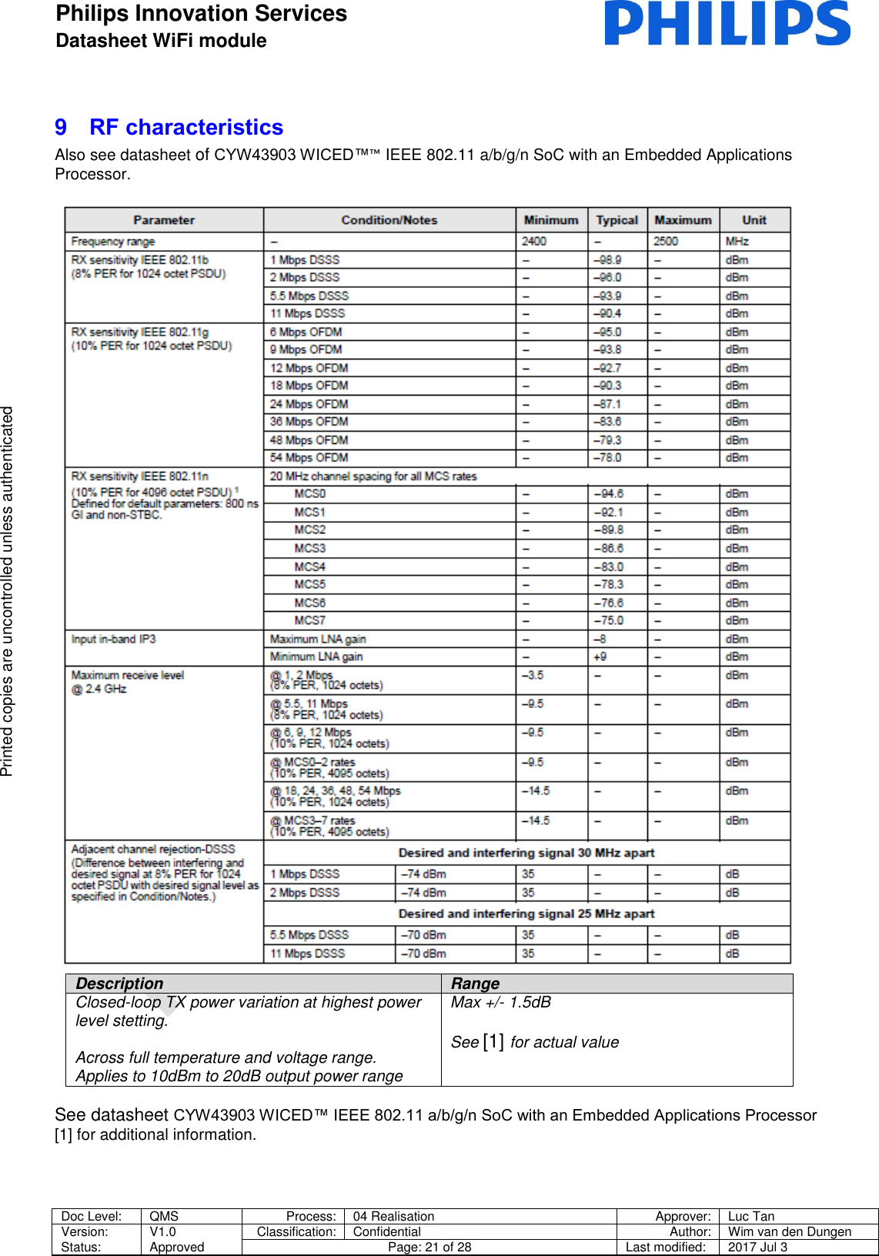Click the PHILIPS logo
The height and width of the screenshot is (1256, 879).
tap(727, 23)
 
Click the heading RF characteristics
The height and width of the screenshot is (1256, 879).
tap(185, 127)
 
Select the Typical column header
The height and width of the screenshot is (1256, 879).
tap(617, 220)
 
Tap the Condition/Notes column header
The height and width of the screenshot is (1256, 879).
tap(389, 220)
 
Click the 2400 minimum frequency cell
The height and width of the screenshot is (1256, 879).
tap(534, 242)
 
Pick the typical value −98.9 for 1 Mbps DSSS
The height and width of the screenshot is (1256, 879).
tap(607, 260)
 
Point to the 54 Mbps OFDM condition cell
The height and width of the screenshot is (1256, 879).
tap(309, 458)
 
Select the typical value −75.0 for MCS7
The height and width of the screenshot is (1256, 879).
tap(608, 620)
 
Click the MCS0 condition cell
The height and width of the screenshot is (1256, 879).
tap(310, 494)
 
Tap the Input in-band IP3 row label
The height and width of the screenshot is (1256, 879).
tap(114, 640)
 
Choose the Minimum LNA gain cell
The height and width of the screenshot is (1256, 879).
tap(316, 657)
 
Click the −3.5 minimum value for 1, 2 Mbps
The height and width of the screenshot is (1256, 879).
tap(533, 676)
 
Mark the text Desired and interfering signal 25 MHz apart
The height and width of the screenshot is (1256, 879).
tap(526, 914)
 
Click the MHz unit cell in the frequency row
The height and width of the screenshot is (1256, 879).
tap(737, 242)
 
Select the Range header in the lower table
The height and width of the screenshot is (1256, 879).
tap(475, 984)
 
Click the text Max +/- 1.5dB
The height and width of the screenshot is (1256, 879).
tap(501, 1002)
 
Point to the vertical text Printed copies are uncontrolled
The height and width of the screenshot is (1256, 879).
tap(8, 591)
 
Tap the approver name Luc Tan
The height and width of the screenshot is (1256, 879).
tap(751, 1217)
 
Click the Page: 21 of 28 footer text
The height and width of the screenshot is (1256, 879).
tap(429, 1248)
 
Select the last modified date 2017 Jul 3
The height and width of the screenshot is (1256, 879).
tap(757, 1248)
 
